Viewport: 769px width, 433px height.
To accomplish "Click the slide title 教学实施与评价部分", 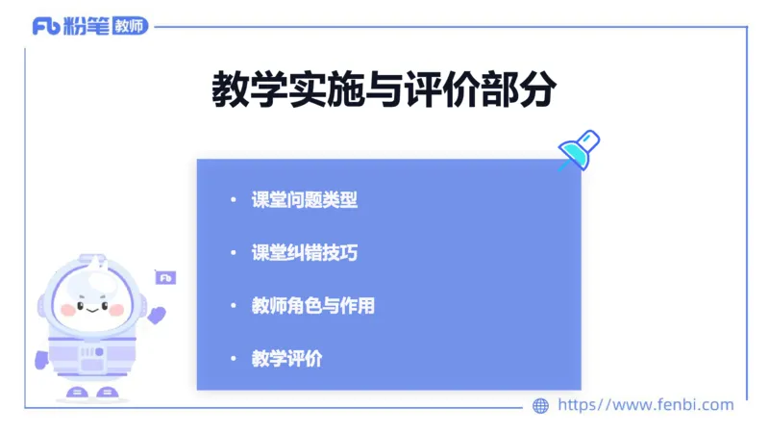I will pos(384,90).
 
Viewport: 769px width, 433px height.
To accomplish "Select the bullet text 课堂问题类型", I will pos(305,200).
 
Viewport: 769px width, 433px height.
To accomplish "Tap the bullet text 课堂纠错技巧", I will pos(305,253).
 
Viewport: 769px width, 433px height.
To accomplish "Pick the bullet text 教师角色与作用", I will pos(313,306).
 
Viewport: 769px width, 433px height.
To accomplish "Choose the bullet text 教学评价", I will pos(286,359).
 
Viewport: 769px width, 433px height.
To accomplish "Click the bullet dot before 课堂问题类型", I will pos(232,200).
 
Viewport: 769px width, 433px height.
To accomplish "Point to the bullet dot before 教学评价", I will pos(232,359).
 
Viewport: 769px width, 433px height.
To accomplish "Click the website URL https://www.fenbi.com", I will pos(646,405).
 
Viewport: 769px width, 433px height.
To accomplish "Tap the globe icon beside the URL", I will pos(541,405).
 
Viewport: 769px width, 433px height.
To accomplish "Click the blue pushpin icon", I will pos(580,151).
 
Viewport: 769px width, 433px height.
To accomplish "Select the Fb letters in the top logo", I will pos(45,26).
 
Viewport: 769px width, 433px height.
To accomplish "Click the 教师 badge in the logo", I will pos(130,26).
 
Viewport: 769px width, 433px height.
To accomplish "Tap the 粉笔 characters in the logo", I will pos(87,26).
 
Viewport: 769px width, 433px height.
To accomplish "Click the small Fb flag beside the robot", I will pos(165,278).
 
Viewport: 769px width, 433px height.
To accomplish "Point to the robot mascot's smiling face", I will pos(92,307).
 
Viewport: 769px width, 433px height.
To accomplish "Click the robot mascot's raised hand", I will pos(157,315).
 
